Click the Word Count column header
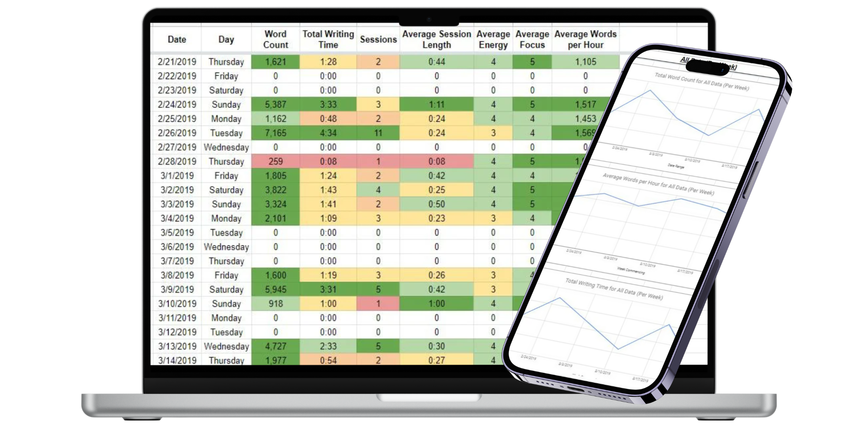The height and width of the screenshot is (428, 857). coord(275,39)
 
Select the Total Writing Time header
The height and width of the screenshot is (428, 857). coord(328,39)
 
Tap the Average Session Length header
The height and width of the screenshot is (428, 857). coord(436,39)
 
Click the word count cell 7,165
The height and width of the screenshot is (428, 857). coord(275,133)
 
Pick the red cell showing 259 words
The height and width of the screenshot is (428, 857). coord(275,161)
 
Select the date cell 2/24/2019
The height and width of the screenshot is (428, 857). coord(177,105)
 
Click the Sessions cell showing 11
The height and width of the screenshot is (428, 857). coord(378,133)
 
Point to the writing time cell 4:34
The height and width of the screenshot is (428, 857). coord(328,133)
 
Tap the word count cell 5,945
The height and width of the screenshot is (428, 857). coord(275,289)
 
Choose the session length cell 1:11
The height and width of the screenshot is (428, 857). coord(436,105)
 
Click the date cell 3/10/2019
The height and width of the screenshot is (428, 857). coord(177,304)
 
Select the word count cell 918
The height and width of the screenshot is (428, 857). coord(275,304)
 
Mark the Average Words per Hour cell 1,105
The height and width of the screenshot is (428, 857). coord(586,62)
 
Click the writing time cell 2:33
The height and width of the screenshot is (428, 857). coord(328,346)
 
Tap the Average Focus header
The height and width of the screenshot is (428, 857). coord(532,39)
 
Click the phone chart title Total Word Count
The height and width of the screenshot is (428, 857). coord(701,82)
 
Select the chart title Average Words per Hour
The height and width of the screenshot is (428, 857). coord(658,184)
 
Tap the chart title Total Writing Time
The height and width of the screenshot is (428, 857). coord(614,289)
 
